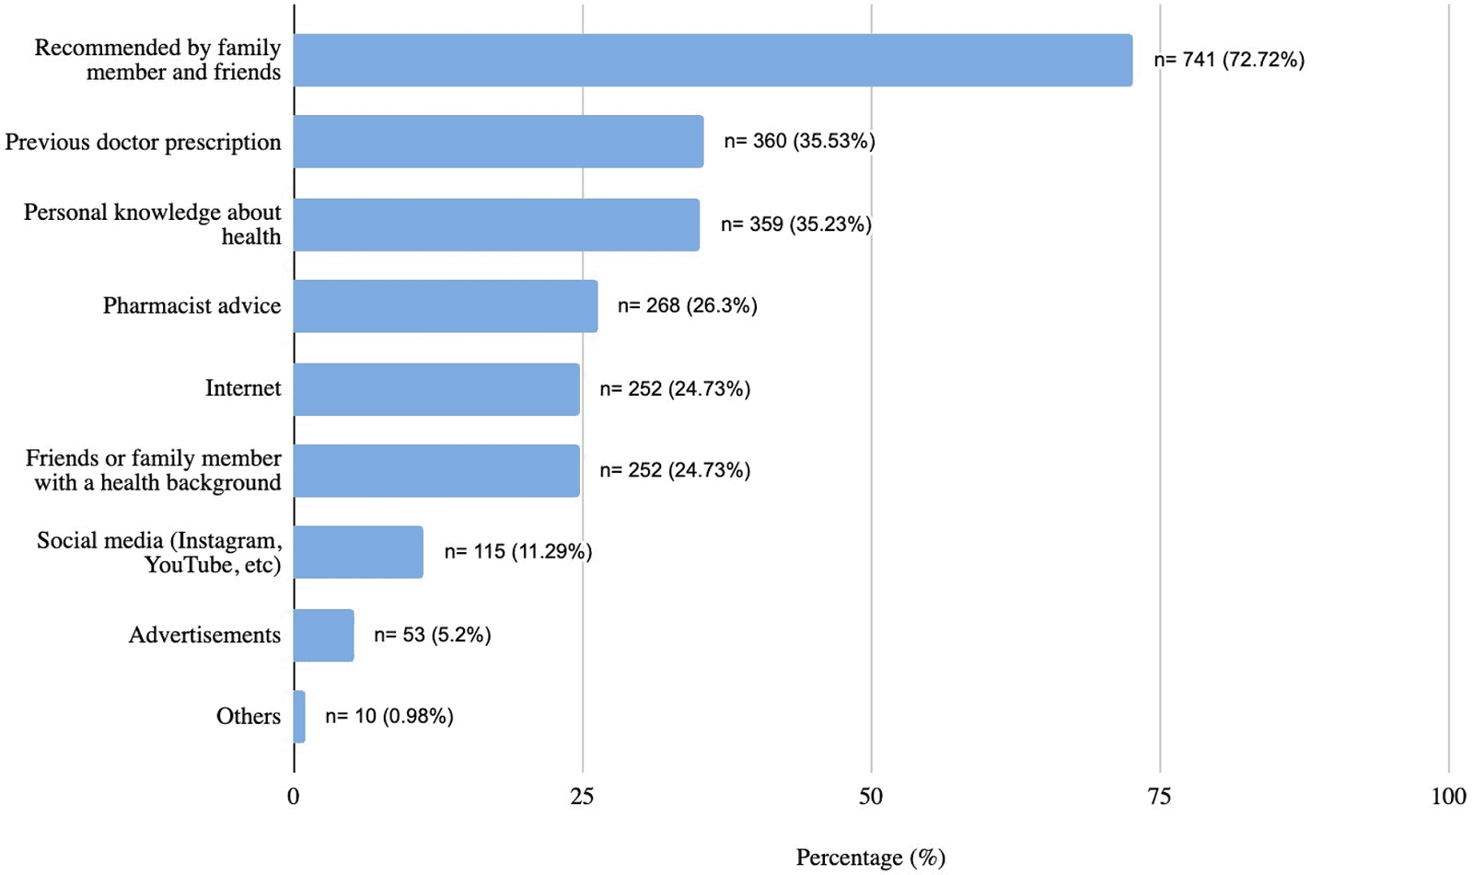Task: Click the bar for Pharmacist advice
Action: [446, 306]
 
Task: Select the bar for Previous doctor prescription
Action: [498, 142]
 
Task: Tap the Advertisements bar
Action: [324, 635]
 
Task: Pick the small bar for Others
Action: [299, 717]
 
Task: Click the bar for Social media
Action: [358, 552]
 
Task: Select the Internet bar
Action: [436, 389]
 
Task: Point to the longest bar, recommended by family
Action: [713, 61]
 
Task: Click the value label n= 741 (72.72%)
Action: [1229, 60]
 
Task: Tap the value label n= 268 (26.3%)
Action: [687, 305]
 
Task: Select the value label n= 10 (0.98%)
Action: [389, 716]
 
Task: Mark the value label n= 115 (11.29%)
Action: [517, 551]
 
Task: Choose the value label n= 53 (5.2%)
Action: [432, 635]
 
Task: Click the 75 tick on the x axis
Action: [1159, 797]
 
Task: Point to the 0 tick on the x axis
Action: [294, 797]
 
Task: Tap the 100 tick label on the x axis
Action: [1448, 797]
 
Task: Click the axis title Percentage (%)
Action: [870, 858]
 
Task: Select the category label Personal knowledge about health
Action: [153, 225]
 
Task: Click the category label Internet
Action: [243, 388]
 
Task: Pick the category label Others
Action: [249, 716]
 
